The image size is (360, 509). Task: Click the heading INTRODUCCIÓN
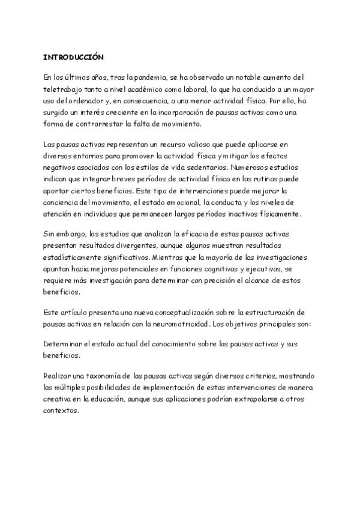(x=73, y=58)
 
